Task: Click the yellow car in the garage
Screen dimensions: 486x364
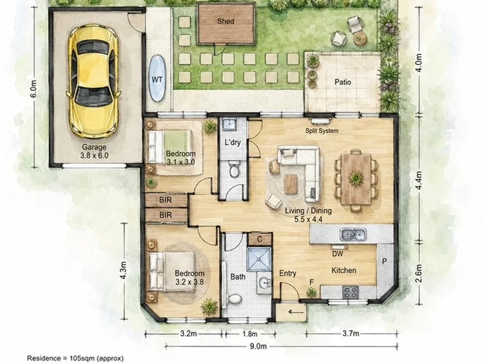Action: click(93, 81)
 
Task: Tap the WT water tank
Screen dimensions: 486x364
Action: click(157, 78)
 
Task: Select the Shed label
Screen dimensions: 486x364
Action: click(225, 22)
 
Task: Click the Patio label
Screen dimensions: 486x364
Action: click(343, 82)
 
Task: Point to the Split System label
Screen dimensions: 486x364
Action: click(322, 131)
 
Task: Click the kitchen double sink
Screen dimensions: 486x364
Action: click(353, 235)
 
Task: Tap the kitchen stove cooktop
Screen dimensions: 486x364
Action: click(350, 292)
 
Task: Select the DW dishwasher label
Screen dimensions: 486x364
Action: click(337, 254)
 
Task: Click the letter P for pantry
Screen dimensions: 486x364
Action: click(384, 262)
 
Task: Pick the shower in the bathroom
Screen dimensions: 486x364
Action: click(259, 260)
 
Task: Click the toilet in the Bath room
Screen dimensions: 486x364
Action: click(234, 299)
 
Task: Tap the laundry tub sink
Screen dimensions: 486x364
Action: click(230, 124)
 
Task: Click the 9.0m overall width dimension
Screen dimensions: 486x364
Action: click(258, 346)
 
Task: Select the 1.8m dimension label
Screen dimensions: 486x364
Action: click(250, 334)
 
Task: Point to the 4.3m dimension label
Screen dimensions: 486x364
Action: click(123, 270)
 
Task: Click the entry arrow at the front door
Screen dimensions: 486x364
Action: click(296, 312)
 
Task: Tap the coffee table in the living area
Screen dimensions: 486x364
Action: click(290, 184)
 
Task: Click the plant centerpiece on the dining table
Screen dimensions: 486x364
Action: click(356, 178)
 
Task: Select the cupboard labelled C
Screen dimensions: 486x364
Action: click(260, 239)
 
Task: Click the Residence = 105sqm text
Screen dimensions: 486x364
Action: click(76, 358)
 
